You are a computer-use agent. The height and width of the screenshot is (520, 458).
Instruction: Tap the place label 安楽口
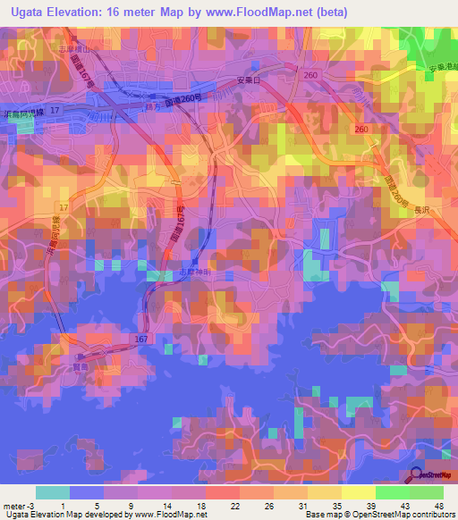click(247, 80)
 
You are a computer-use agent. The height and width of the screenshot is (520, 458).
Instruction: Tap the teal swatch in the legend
click(53, 492)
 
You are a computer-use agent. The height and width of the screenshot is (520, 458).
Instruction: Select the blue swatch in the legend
click(87, 492)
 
